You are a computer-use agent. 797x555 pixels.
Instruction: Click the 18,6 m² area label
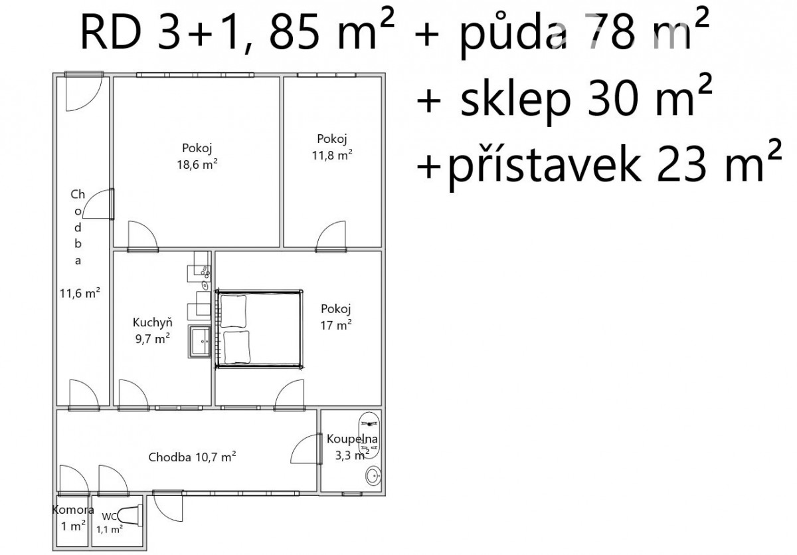197,164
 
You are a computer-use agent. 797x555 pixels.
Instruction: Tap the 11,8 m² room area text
332,156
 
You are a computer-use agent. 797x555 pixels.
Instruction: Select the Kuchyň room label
152,322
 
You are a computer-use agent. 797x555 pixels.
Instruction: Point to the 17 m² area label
336,325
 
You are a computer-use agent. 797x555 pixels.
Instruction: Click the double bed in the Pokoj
259,329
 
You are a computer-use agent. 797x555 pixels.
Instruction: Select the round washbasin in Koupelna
373,476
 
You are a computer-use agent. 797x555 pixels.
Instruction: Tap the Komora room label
73,510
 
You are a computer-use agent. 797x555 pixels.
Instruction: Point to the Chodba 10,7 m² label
192,457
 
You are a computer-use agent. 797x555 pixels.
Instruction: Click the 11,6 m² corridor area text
80,293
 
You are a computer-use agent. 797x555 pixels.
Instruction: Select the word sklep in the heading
515,100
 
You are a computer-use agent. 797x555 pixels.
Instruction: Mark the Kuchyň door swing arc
133,394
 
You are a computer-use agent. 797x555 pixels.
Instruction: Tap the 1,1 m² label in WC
110,529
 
